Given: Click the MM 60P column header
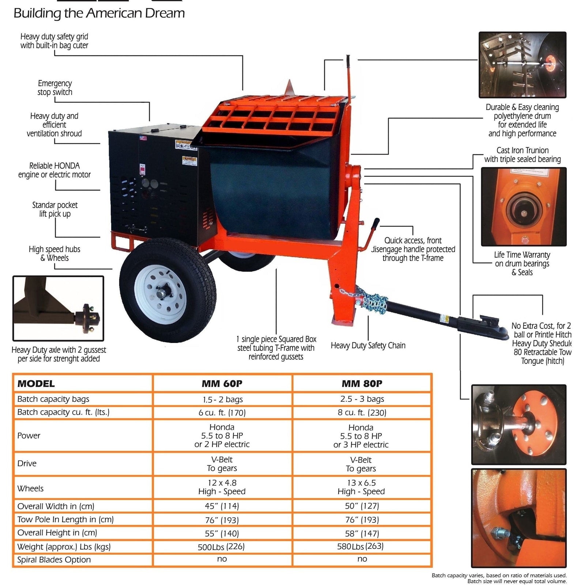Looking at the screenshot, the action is pos(222,384).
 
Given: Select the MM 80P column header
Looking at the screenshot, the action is pos(362,384).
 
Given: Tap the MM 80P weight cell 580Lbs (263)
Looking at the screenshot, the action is pos(360,546).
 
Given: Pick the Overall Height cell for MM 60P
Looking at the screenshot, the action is pos(222,533).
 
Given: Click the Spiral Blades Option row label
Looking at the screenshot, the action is pos(54,560).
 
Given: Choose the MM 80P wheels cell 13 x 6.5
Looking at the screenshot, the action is pos(361,487).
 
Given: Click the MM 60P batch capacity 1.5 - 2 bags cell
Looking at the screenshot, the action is pos(223,399).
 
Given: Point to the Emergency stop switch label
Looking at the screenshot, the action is pos(55,88).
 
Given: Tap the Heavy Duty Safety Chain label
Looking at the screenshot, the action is pos(368,345).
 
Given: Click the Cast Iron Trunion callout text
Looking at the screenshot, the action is pos(522,155).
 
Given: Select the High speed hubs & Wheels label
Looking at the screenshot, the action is pos(54,253).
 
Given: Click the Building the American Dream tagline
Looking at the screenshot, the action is pos(99,13).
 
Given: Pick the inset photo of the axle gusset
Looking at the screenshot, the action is pos(58,308).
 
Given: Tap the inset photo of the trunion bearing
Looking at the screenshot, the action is pos(524,207).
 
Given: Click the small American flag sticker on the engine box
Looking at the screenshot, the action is pos(143,138).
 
